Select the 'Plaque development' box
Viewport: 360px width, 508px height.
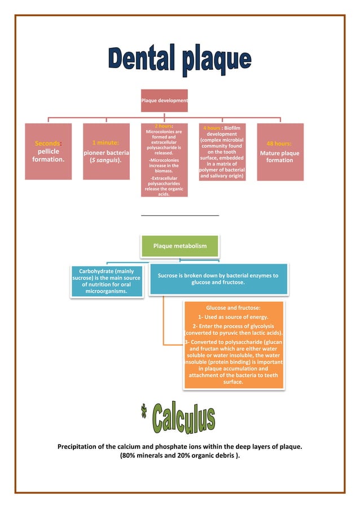point(164,100)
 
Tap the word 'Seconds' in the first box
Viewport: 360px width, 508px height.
point(47,144)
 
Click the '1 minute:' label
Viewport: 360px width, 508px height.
point(106,143)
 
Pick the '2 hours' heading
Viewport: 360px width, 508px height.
point(163,126)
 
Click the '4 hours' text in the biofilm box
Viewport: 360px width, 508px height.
point(212,128)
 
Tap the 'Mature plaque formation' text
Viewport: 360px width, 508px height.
point(279,157)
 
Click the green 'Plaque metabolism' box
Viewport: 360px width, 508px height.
point(180,246)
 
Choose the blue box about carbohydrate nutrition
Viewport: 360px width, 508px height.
point(106,282)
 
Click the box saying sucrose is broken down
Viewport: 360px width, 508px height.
point(218,279)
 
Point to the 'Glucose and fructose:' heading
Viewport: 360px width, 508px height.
point(233,308)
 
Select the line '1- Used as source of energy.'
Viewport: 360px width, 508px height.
point(233,317)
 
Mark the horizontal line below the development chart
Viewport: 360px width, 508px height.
point(179,215)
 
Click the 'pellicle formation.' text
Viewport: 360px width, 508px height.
point(48,156)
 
